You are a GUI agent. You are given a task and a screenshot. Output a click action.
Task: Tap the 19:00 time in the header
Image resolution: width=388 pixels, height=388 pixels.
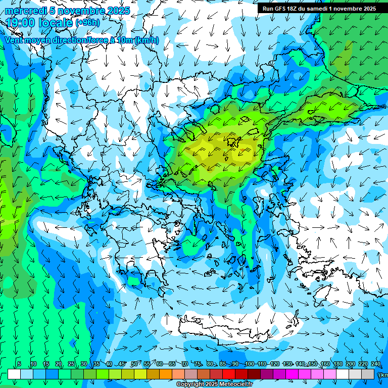click(x=20, y=22)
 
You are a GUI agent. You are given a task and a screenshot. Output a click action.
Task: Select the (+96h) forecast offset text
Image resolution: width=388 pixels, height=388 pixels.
click(x=87, y=23)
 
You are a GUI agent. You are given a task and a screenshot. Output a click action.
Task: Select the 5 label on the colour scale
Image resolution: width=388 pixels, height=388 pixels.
click(x=19, y=364)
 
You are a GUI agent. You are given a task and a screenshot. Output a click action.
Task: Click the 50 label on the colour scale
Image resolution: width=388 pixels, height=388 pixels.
click(x=134, y=364)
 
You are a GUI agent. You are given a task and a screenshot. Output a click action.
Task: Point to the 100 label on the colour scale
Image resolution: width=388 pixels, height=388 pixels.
click(x=249, y=364)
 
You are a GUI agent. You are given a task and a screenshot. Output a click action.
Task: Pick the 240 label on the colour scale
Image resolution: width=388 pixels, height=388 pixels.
click(x=376, y=364)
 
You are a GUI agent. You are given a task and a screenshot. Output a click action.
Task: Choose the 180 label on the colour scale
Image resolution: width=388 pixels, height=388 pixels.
click(x=337, y=364)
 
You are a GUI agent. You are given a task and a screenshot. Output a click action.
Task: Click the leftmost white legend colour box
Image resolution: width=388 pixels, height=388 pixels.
click(x=14, y=374)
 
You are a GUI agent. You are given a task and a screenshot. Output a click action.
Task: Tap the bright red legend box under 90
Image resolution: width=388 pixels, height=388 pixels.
click(x=229, y=374)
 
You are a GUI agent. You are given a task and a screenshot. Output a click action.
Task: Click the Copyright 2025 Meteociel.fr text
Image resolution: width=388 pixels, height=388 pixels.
click(x=214, y=384)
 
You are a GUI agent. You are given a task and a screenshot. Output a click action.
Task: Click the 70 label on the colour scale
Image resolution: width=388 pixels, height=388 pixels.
click(x=185, y=364)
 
